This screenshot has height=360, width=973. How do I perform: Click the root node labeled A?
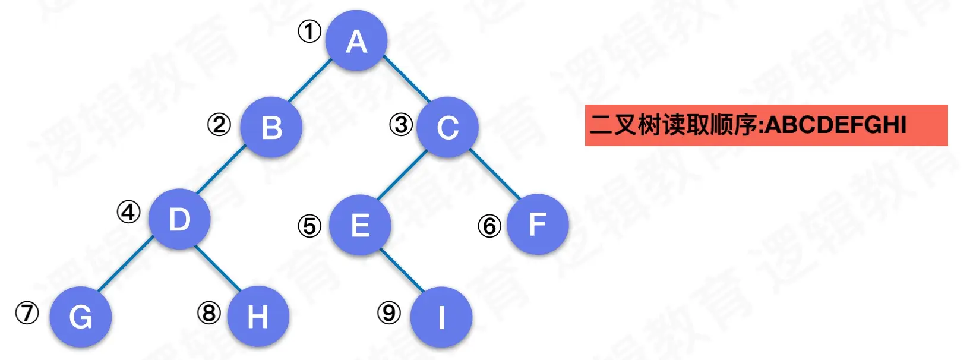(356, 40)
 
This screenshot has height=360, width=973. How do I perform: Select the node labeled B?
(271, 127)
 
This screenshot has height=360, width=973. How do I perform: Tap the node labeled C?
(447, 127)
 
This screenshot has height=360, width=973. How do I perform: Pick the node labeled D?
(179, 219)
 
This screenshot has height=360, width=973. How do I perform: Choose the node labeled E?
(360, 225)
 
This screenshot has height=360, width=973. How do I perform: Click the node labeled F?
(538, 225)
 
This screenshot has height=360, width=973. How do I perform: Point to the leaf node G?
(81, 317)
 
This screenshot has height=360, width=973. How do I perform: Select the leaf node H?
(258, 317)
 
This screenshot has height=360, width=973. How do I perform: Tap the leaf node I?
(441, 317)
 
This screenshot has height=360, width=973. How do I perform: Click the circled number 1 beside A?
(309, 31)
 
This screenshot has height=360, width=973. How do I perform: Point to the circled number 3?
(401, 125)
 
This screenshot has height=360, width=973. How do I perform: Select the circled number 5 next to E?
(309, 226)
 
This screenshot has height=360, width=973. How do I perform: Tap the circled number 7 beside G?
(27, 312)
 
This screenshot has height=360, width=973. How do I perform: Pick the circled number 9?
(389, 312)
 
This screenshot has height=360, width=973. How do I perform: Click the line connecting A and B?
(309, 81)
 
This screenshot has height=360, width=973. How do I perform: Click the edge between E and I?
(402, 270)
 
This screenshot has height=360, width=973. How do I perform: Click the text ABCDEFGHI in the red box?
(836, 125)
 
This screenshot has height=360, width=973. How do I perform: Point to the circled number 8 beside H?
(209, 312)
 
